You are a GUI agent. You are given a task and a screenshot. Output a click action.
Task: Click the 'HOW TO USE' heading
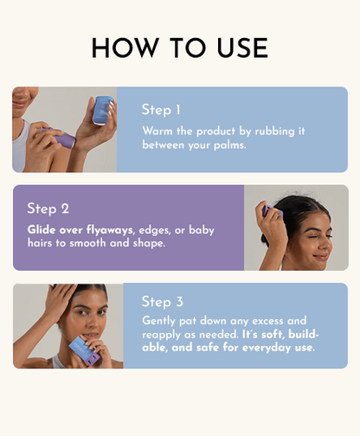pos(180,48)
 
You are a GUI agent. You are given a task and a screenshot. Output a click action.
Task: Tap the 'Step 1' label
pos(161,110)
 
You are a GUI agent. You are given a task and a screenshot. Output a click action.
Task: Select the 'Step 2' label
pos(48,208)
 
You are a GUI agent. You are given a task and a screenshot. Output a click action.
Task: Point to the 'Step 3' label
pos(163,302)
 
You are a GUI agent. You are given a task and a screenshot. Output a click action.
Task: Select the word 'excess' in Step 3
pos(286,320)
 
